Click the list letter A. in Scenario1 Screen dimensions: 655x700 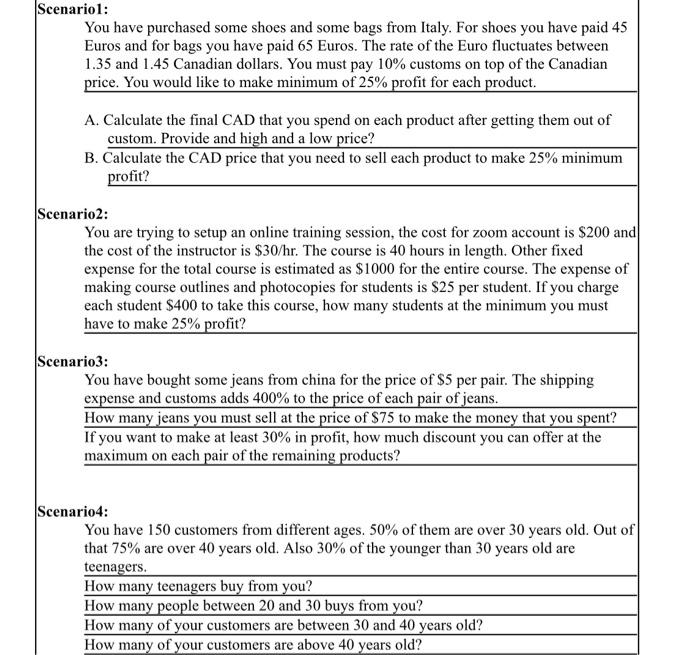click(x=92, y=120)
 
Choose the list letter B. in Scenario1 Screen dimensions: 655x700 click(x=92, y=158)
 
